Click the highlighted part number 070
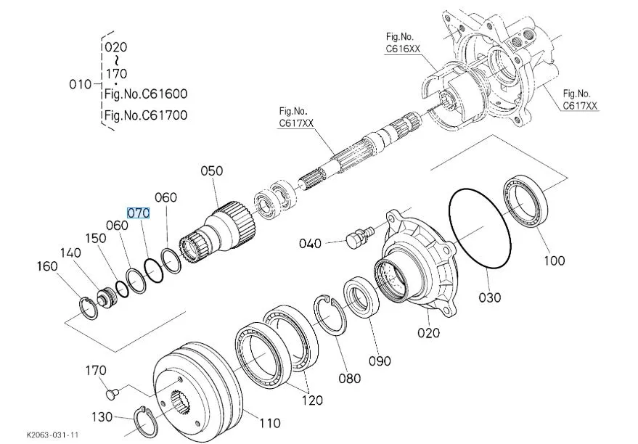[138, 213]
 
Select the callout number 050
[212, 171]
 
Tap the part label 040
[311, 243]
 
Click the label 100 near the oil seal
[553, 260]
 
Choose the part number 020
[429, 333]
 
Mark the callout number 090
[380, 361]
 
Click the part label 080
[349, 378]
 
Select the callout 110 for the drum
[270, 422]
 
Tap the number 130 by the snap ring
[102, 416]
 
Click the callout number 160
[47, 267]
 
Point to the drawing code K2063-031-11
[52, 435]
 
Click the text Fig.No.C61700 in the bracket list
[145, 115]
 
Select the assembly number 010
[80, 84]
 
